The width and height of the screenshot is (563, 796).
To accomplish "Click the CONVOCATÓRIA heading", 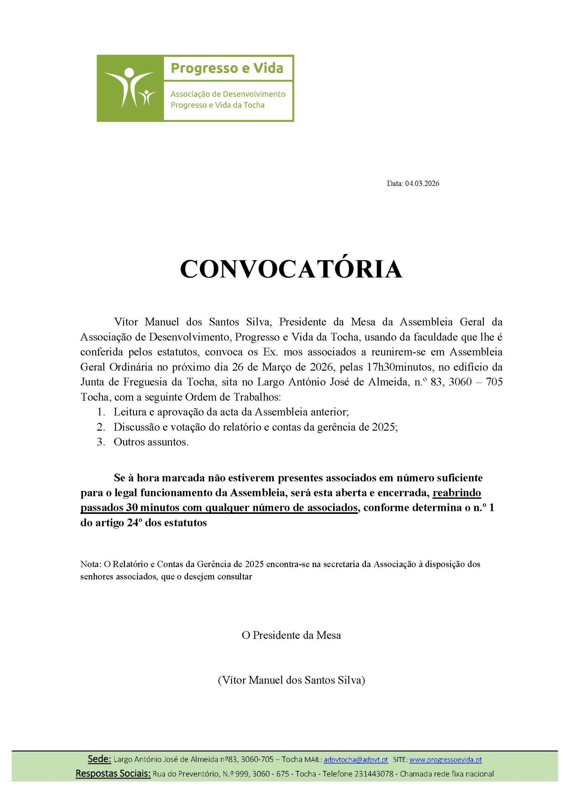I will click(x=291, y=269).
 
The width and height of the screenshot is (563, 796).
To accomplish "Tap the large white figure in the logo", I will click(x=127, y=87).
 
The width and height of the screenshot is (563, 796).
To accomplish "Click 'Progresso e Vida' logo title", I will click(x=227, y=68).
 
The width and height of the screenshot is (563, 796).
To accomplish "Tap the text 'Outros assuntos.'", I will click(x=151, y=443).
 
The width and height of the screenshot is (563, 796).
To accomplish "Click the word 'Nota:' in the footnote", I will click(x=90, y=564).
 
